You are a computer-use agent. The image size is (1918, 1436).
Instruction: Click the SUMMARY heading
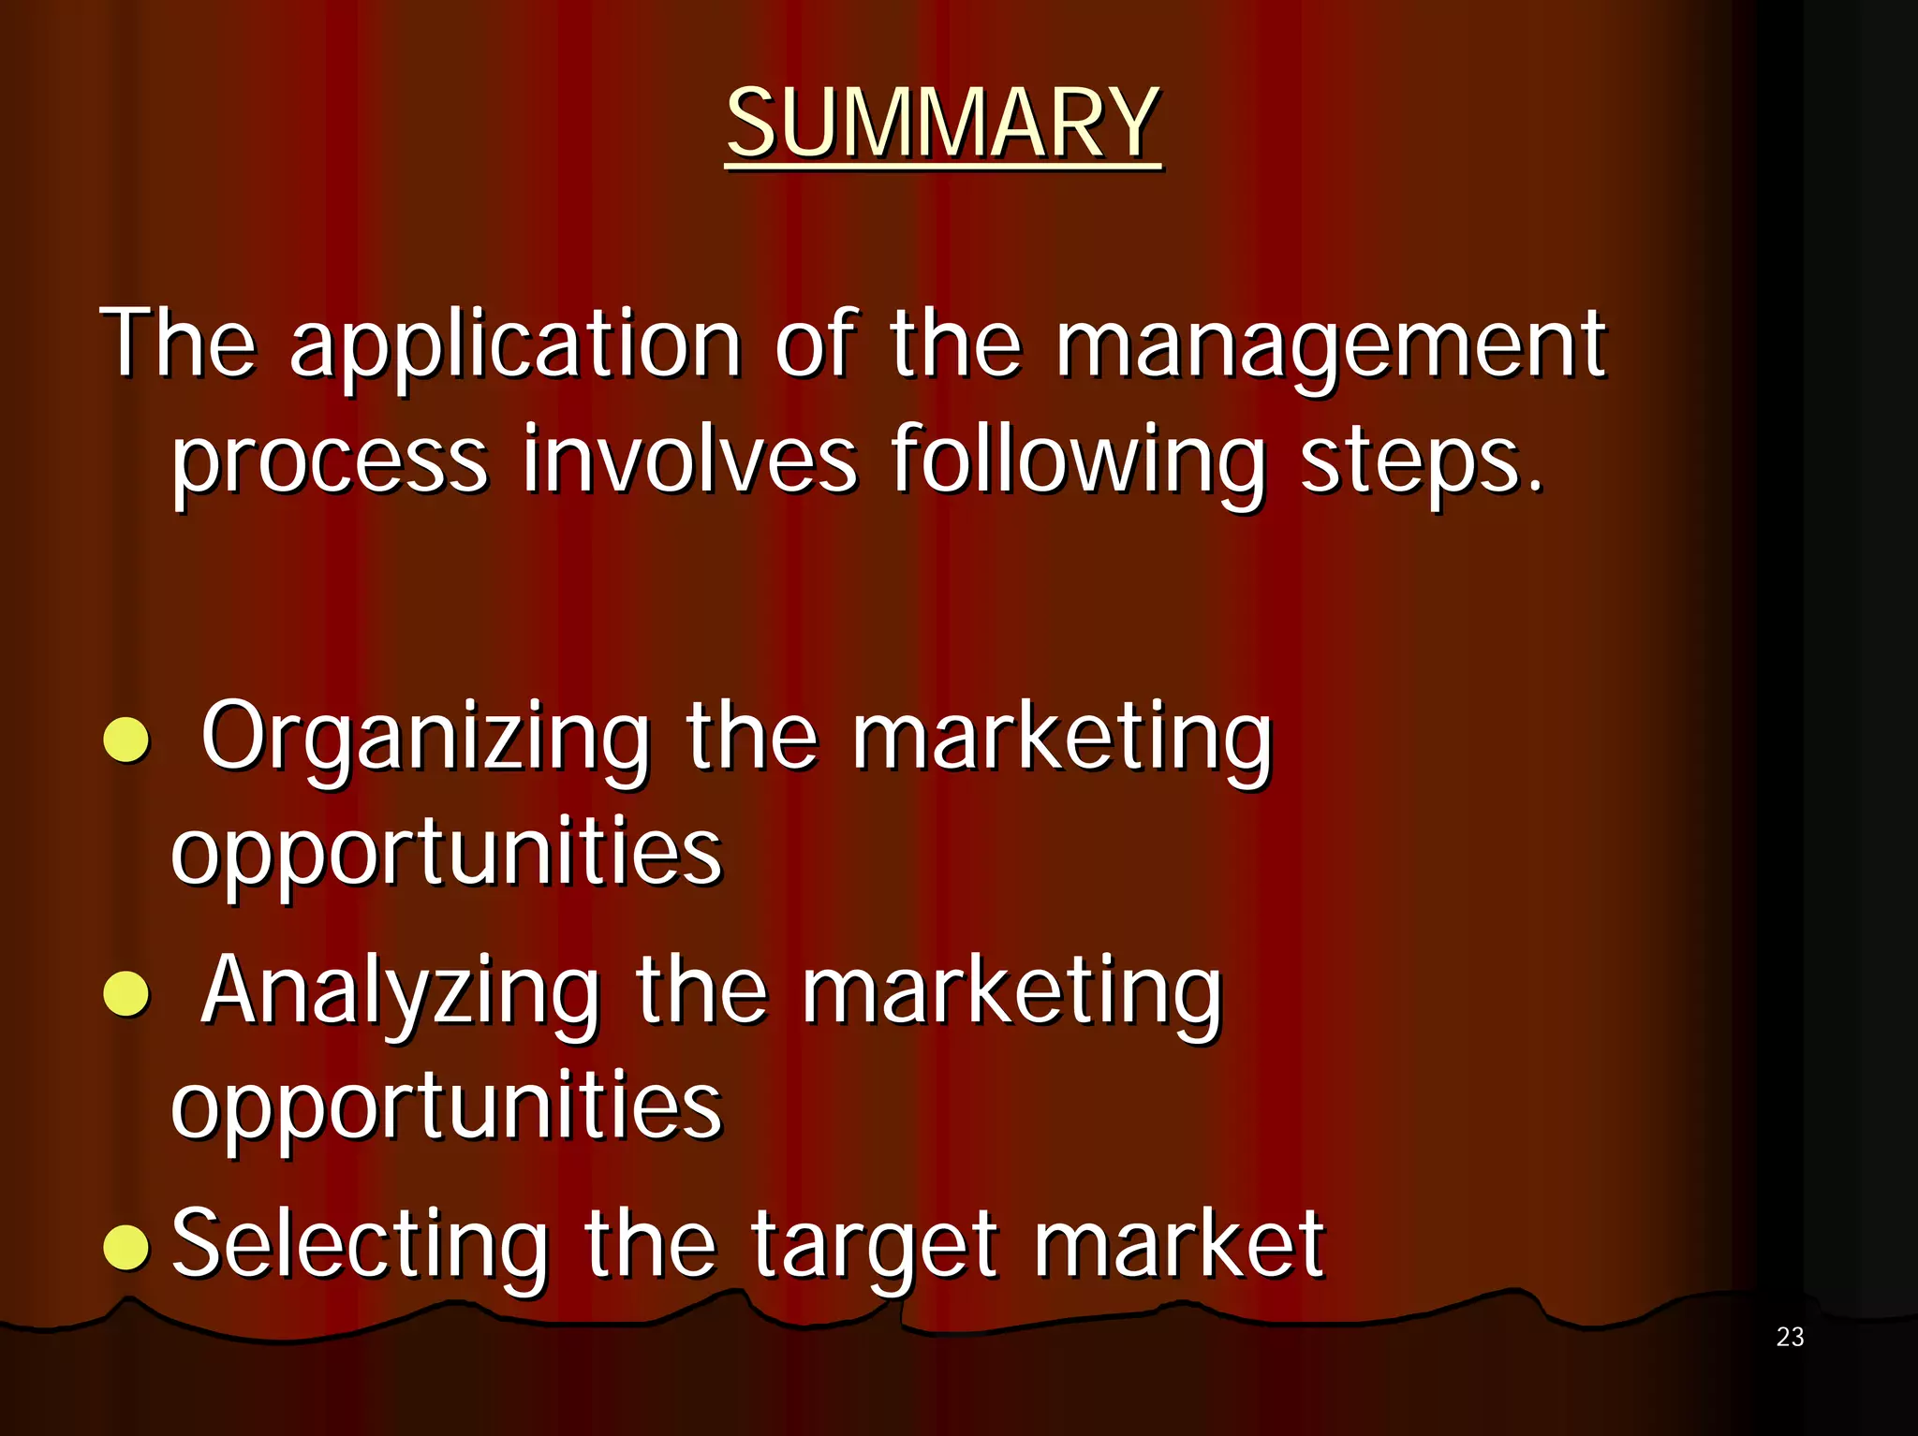tap(943, 124)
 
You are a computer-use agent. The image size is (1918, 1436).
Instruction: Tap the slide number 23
tap(1790, 1337)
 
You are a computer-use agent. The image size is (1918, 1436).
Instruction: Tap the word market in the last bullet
tap(1179, 1245)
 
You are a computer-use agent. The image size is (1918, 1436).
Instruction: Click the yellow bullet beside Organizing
tap(126, 741)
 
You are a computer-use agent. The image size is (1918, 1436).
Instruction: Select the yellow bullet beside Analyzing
tap(126, 993)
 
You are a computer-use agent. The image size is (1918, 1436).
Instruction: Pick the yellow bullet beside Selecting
tap(126, 1247)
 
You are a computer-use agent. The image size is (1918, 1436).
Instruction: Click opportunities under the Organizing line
tap(446, 854)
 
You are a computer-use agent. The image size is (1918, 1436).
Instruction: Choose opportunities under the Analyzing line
tap(446, 1107)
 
